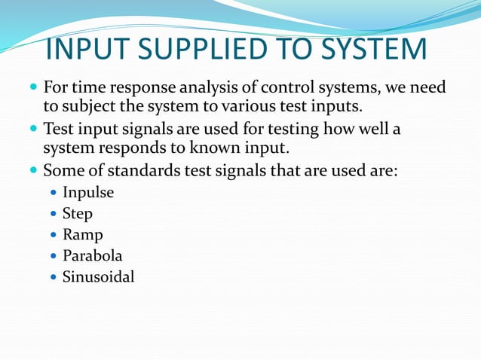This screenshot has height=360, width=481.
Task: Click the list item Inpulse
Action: (88, 192)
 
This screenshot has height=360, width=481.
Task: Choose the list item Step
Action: (78, 214)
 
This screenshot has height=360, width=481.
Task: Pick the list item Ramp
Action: (82, 235)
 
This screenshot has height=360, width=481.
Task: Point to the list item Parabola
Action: (92, 256)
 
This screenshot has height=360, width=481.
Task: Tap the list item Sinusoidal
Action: (98, 277)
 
